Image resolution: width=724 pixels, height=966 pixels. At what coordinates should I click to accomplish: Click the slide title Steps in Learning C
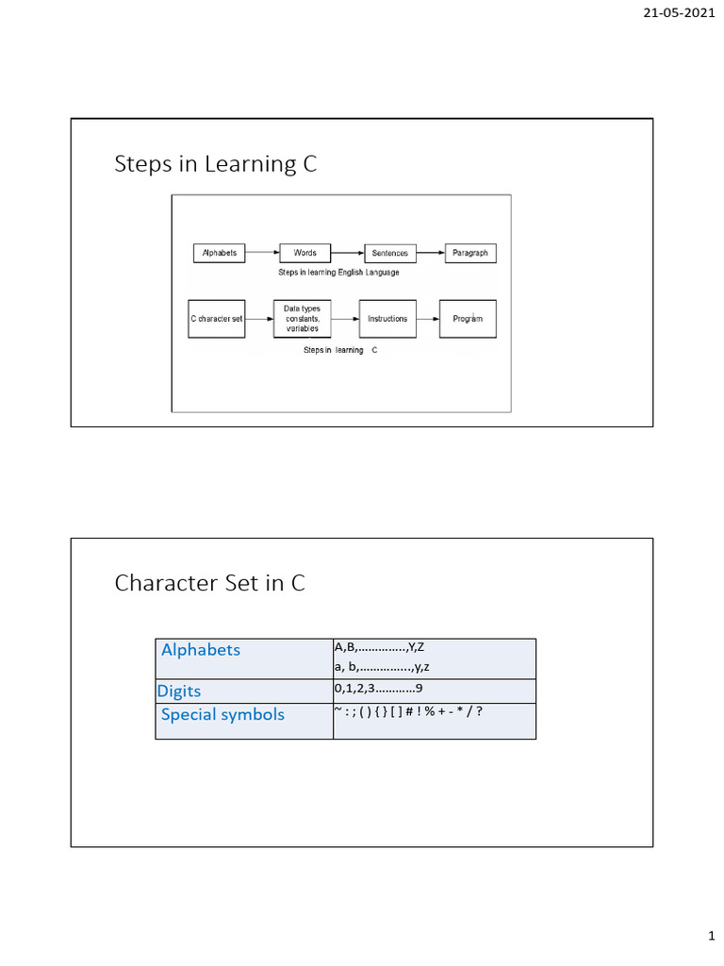click(x=215, y=164)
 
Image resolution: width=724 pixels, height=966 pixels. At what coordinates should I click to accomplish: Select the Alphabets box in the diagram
click(x=219, y=253)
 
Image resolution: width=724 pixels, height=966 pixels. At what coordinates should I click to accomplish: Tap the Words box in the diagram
click(x=304, y=253)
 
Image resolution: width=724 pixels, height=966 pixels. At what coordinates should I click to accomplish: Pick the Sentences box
click(x=390, y=253)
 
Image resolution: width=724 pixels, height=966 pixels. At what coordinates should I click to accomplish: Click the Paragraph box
click(x=469, y=253)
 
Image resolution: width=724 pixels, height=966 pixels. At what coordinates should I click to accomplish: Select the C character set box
click(x=217, y=319)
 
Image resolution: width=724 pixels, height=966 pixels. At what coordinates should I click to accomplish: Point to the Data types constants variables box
click(x=303, y=319)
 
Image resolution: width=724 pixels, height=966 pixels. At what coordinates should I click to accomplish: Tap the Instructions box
click(x=387, y=319)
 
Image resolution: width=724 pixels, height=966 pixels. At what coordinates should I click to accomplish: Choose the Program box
click(x=468, y=319)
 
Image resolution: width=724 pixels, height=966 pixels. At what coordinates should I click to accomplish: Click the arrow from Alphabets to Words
click(x=263, y=253)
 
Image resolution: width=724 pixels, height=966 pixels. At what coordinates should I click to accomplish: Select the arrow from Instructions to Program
click(x=427, y=319)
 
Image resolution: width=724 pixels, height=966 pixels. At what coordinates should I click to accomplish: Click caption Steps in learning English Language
click(x=338, y=273)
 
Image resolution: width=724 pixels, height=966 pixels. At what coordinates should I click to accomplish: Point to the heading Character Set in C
click(x=209, y=583)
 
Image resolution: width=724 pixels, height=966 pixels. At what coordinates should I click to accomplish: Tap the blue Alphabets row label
click(x=201, y=650)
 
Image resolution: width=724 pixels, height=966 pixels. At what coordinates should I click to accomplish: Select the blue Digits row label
click(x=179, y=691)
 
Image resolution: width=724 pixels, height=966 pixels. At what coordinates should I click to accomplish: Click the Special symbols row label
click(x=222, y=714)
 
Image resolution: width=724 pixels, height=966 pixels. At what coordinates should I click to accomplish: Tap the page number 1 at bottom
click(x=712, y=937)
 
